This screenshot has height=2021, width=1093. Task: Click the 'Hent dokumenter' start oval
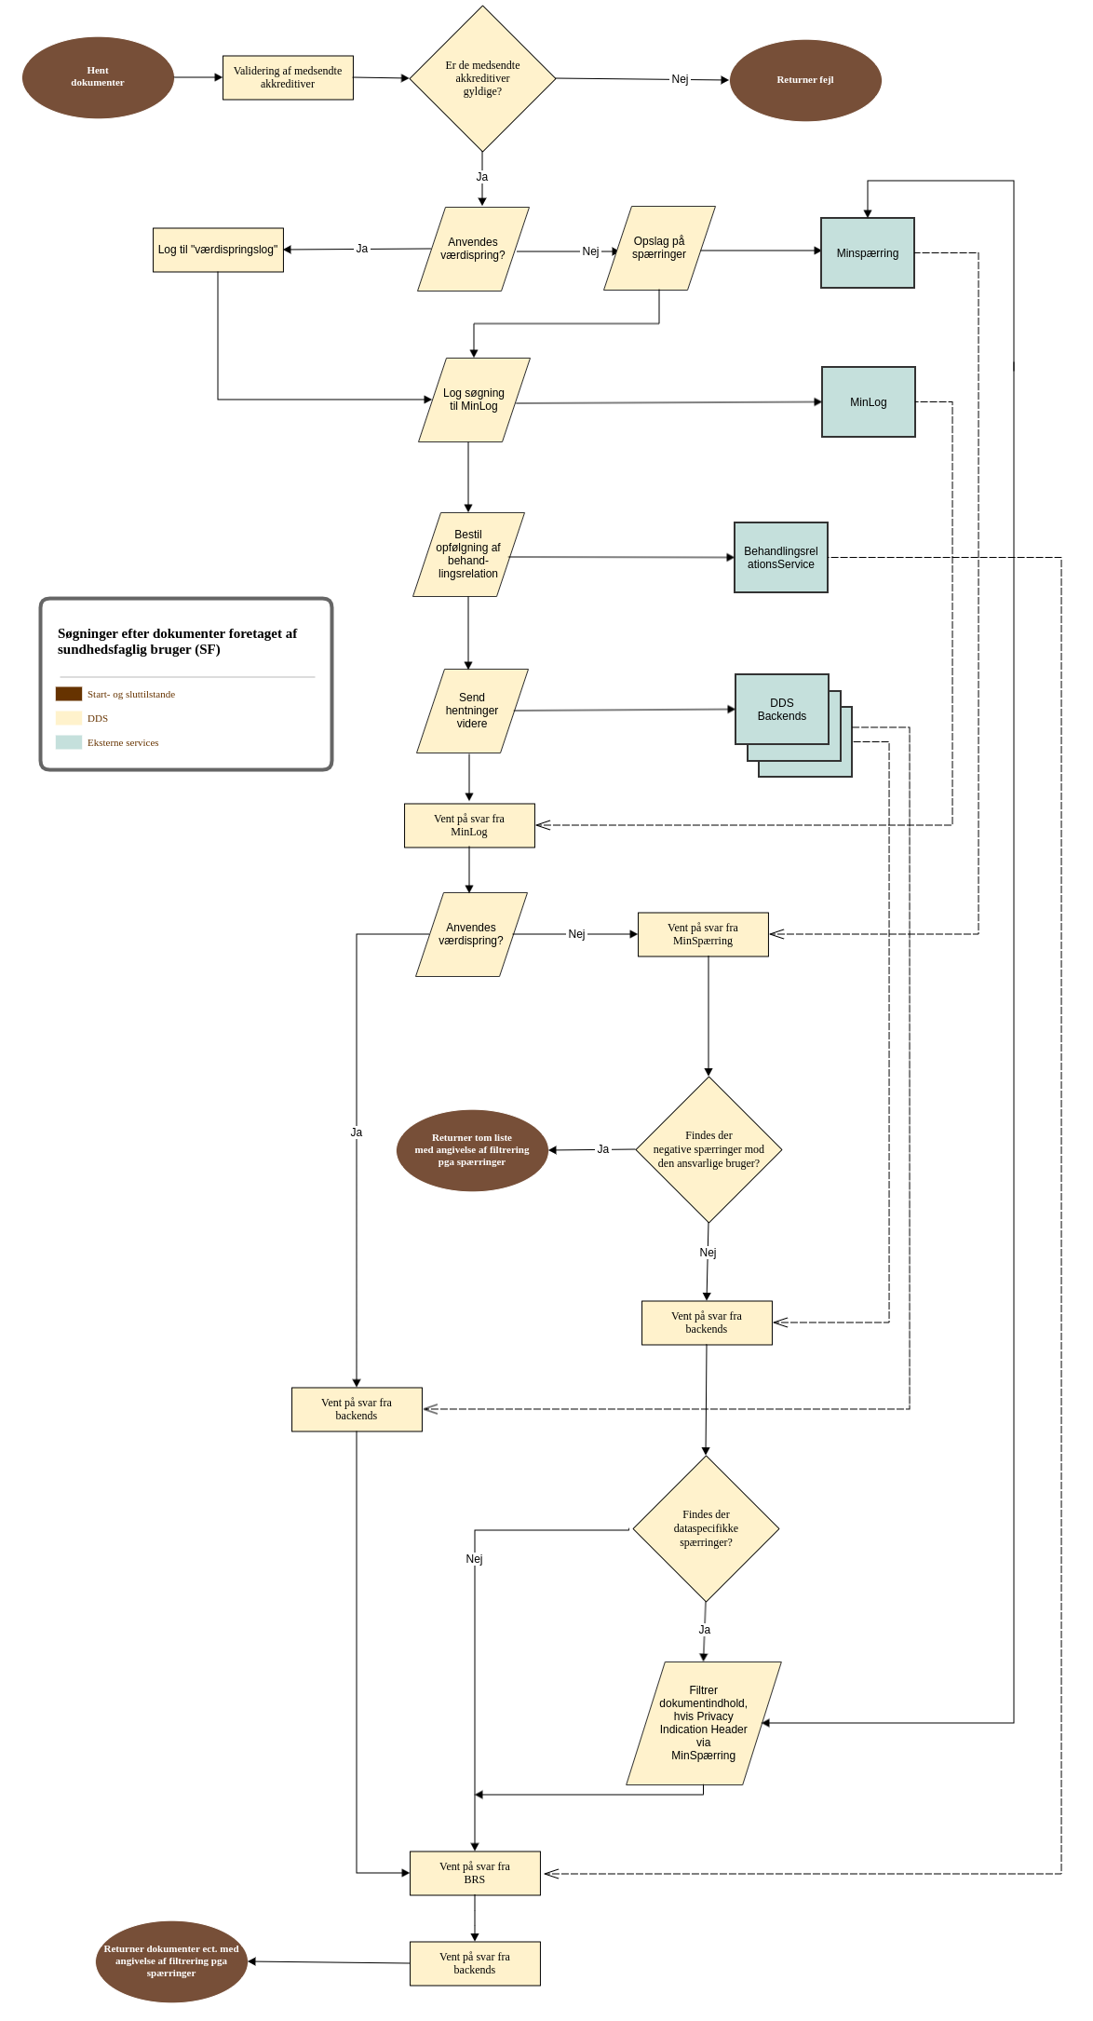tap(98, 77)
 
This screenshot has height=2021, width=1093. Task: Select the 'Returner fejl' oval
tap(805, 80)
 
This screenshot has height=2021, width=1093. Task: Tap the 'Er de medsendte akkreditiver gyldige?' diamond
tap(482, 79)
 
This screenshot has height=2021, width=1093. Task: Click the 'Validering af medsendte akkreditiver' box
tap(288, 77)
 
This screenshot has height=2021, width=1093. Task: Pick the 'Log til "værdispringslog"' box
tap(218, 251)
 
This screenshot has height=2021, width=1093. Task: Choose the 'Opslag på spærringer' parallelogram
tap(659, 249)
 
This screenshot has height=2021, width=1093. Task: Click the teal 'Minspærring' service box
tap(868, 253)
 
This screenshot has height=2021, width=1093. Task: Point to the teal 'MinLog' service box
tap(869, 402)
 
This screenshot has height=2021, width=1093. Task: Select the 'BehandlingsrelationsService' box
tap(781, 558)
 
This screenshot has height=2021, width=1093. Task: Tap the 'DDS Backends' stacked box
tap(782, 710)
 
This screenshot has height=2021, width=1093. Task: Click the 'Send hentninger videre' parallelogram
tap(472, 711)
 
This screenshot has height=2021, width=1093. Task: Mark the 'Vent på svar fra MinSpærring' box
tap(703, 934)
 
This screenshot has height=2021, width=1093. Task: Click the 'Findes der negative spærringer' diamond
tap(708, 1149)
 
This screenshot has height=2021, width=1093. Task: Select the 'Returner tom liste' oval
tap(472, 1150)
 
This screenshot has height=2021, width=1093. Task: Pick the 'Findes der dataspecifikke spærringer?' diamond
tap(706, 1528)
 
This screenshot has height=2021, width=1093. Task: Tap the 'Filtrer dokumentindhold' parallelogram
tap(704, 1723)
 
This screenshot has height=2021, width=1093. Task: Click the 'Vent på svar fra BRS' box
tap(475, 1873)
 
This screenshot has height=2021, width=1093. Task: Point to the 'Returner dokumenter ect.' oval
tap(171, 1961)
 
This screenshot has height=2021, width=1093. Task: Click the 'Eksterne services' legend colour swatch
tap(69, 742)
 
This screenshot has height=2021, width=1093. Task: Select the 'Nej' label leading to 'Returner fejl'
tap(680, 79)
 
